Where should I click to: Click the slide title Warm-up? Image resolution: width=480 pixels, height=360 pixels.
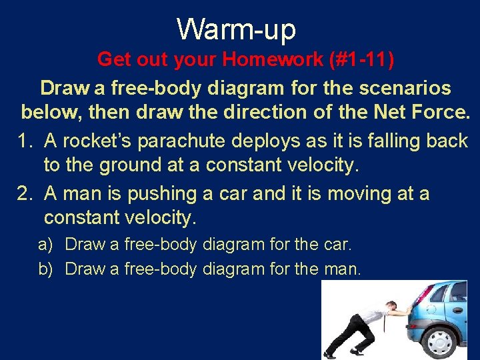tap(237, 29)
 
